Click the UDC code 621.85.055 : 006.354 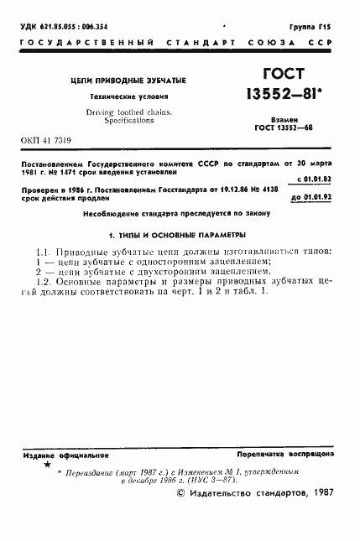[x=62, y=28]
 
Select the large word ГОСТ [x=286, y=73]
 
